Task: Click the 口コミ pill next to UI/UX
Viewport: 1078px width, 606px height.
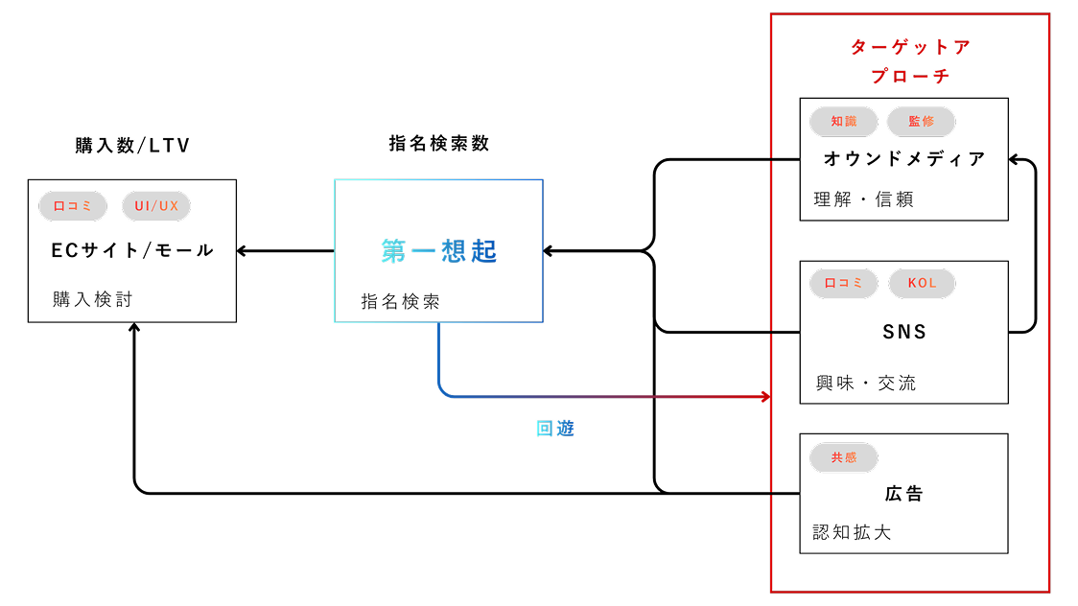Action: [x=73, y=206]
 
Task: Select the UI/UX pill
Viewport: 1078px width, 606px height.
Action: [x=156, y=206]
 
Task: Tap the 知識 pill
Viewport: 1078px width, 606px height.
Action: [x=844, y=122]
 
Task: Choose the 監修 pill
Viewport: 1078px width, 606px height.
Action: [x=921, y=122]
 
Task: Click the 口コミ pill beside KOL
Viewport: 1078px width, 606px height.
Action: [x=844, y=284]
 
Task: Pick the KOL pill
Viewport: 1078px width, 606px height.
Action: [x=922, y=284]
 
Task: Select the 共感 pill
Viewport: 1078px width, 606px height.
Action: [x=844, y=458]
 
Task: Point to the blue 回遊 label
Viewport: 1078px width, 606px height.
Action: [x=554, y=429]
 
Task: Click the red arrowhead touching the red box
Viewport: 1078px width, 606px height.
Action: [x=765, y=396]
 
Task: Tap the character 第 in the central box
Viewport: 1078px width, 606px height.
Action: [x=393, y=251]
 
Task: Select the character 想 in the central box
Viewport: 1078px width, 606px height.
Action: [x=454, y=251]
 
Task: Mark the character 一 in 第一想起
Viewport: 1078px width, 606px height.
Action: [x=423, y=251]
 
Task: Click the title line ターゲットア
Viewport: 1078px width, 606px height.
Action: [x=910, y=47]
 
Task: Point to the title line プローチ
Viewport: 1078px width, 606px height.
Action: [x=910, y=76]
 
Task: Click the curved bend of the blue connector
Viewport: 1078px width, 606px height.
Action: [x=444, y=389]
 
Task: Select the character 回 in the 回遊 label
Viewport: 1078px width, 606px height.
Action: [x=545, y=429]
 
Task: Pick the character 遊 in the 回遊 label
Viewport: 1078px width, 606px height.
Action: [x=565, y=429]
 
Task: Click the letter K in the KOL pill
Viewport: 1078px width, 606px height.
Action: [x=912, y=284]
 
